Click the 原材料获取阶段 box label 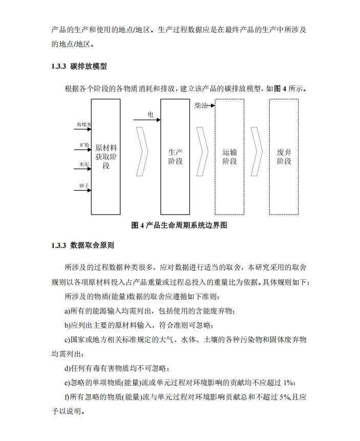coord(106,157)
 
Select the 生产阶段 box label coord(176,157)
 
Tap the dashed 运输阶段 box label coord(230,157)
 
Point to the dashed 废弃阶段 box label coord(284,157)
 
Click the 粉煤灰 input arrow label coord(84,124)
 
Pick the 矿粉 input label coord(84,145)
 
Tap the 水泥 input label coord(84,164)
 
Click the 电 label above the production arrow coord(151,114)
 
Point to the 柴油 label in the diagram coord(201,106)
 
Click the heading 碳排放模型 coord(89,67)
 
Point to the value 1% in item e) coord(289,382)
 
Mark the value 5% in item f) coord(286,397)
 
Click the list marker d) coord(68,368)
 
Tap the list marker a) coord(68,311)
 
